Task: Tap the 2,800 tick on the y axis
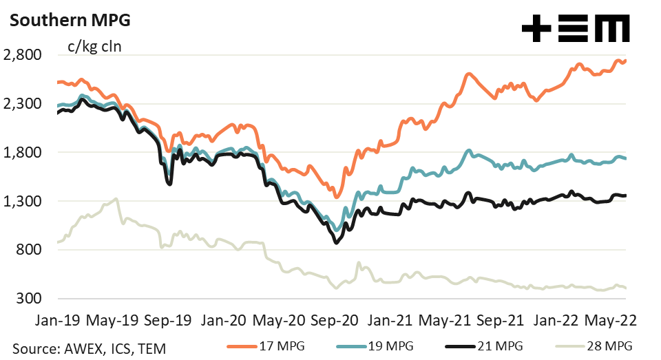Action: click(x=23, y=55)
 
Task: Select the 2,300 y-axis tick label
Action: click(x=23, y=104)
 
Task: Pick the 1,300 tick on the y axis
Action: click(x=23, y=202)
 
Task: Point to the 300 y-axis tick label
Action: click(x=31, y=299)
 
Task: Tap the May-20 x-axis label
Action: click(x=278, y=320)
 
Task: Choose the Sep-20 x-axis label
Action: click(x=335, y=320)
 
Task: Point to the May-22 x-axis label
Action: click(x=611, y=320)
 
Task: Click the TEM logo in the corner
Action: click(x=575, y=30)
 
